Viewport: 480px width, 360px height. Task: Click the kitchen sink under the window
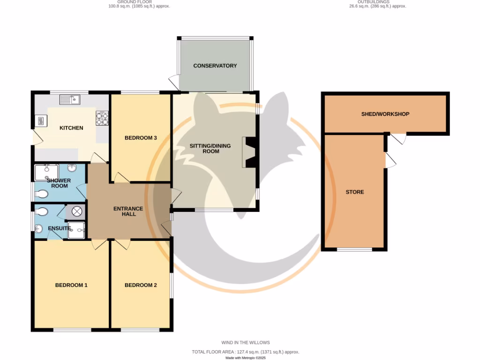tap(70, 99)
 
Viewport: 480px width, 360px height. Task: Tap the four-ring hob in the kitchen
tap(102, 119)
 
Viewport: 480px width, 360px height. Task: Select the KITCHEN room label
tap(71, 128)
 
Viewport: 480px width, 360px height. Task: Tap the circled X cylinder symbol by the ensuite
tap(77, 212)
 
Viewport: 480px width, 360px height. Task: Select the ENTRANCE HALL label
tap(128, 211)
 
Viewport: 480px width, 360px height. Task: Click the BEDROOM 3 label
tap(140, 138)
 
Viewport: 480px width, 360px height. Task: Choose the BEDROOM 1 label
tap(71, 285)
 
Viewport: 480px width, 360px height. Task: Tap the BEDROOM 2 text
tap(141, 285)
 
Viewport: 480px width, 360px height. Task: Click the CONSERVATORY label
tap(215, 66)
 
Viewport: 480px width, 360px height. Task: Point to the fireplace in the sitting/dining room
tap(249, 152)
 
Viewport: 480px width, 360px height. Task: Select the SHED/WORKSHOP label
tap(385, 114)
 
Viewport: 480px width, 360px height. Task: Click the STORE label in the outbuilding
tap(355, 192)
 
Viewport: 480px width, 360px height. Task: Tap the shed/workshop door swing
tap(398, 139)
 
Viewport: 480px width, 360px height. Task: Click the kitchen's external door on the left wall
tap(35, 137)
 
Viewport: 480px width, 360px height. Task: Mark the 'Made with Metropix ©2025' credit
tap(246, 358)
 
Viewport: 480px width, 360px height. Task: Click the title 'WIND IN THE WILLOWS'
tap(246, 343)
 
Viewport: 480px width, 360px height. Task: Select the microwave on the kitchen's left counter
tap(40, 121)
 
